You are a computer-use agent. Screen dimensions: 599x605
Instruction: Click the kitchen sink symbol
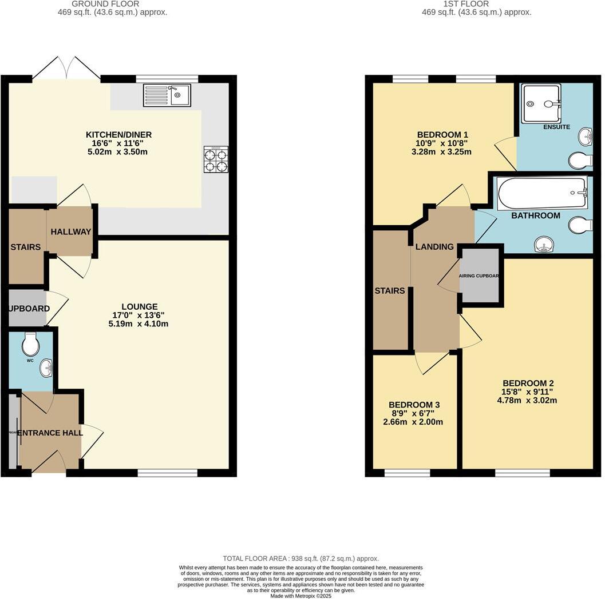[x=167, y=96]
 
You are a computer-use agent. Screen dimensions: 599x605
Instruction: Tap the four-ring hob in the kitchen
[x=216, y=159]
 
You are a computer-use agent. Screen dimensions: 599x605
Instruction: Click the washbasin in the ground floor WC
[x=46, y=368]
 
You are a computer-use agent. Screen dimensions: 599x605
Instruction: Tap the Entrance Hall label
[x=50, y=433]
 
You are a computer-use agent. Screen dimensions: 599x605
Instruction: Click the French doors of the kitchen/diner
[x=66, y=69]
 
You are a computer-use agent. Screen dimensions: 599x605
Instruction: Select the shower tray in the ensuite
[x=541, y=103]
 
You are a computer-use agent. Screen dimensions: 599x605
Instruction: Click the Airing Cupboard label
[x=480, y=276]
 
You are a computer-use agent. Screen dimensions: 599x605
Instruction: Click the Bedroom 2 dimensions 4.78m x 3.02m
[x=527, y=400]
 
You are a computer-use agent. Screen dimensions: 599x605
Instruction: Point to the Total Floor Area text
[x=300, y=558]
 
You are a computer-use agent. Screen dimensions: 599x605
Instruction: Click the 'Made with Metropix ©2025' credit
[x=300, y=596]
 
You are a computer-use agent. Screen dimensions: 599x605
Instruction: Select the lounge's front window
[x=167, y=473]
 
